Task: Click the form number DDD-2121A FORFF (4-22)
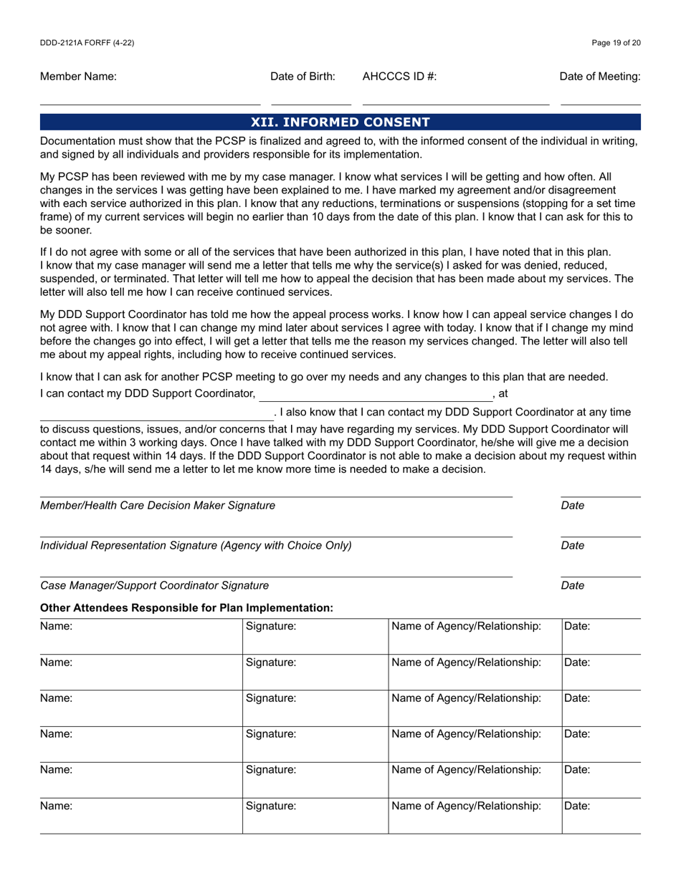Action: click(87, 43)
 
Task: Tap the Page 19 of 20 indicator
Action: click(616, 43)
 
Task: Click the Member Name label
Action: click(78, 77)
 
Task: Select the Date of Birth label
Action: click(303, 77)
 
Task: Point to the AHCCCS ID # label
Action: click(399, 77)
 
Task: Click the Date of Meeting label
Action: click(600, 77)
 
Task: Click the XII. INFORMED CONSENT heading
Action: click(340, 122)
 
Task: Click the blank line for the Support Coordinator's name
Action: click(375, 395)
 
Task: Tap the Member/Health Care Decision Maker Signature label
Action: click(158, 506)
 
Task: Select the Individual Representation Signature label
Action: click(196, 546)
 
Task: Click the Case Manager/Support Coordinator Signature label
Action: click(155, 586)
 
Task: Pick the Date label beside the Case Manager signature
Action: click(573, 586)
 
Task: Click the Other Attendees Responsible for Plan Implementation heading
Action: click(186, 608)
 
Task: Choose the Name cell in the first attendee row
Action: click(141, 635)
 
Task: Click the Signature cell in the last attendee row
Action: click(315, 815)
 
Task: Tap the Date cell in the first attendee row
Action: click(601, 635)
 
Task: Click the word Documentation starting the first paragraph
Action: click(75, 141)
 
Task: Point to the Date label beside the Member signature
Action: click(573, 506)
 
